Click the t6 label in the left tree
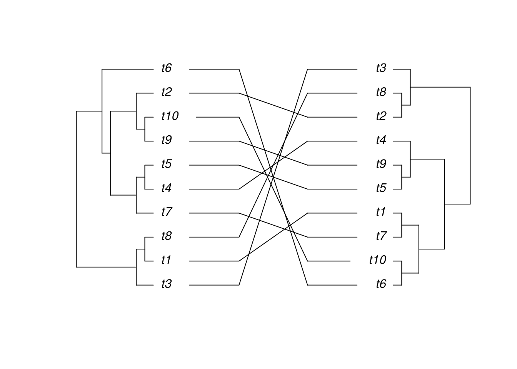pyautogui.click(x=166, y=68)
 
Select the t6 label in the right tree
pyautogui.click(x=381, y=284)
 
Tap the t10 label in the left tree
pyautogui.click(x=170, y=116)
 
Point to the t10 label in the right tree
pyautogui.click(x=377, y=261)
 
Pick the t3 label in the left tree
pyautogui.click(x=166, y=284)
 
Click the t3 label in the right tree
pyautogui.click(x=381, y=68)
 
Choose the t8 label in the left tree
pyautogui.click(x=166, y=236)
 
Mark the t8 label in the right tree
pyautogui.click(x=381, y=93)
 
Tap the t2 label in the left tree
pyautogui.click(x=166, y=93)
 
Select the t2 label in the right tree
pyautogui.click(x=381, y=116)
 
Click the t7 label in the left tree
pyautogui.click(x=166, y=212)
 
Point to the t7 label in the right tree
pyautogui.click(x=381, y=236)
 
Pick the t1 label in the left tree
pyautogui.click(x=166, y=261)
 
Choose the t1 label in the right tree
pyautogui.click(x=381, y=212)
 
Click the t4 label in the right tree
pyautogui.click(x=381, y=141)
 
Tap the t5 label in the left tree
pyautogui.click(x=166, y=165)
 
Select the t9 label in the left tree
pyautogui.click(x=166, y=141)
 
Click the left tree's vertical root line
pyautogui.click(x=77, y=188)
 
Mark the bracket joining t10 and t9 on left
pyautogui.click(x=145, y=129)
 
